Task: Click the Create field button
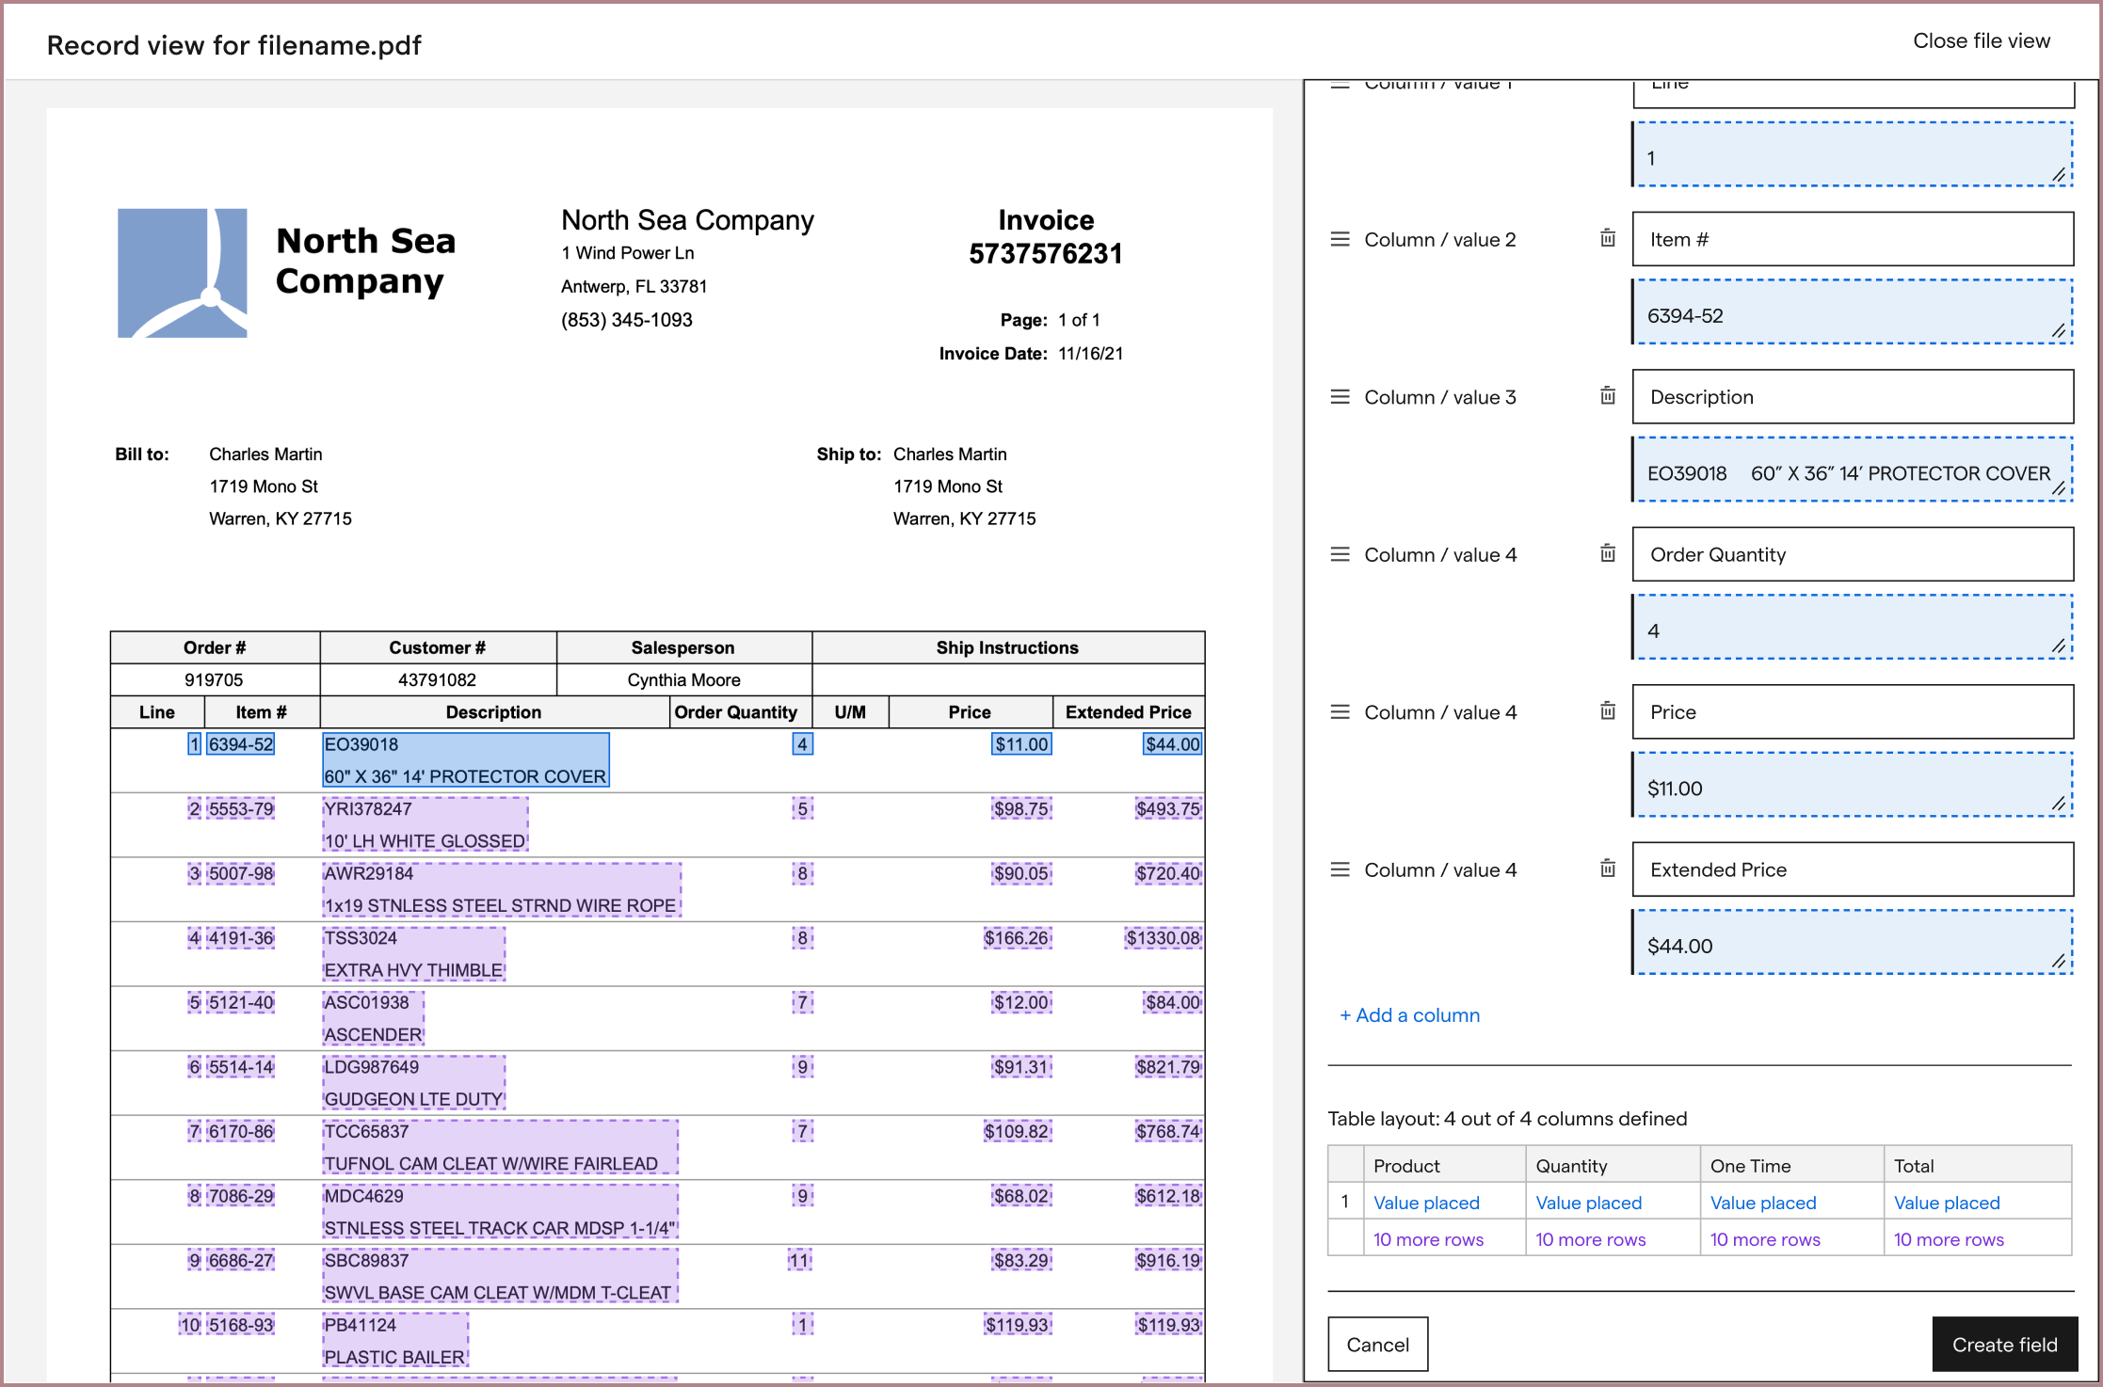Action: pyautogui.click(x=2003, y=1344)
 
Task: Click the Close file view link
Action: pyautogui.click(x=1981, y=41)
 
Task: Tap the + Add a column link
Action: pyautogui.click(x=1409, y=1015)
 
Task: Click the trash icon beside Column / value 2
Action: pyautogui.click(x=1608, y=239)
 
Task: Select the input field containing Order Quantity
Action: pyautogui.click(x=1852, y=554)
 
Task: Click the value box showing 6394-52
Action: pyautogui.click(x=1852, y=316)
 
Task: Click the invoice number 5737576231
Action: pyautogui.click(x=1045, y=254)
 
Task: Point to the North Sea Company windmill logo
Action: pyautogui.click(x=182, y=273)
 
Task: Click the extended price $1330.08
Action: pyautogui.click(x=1163, y=938)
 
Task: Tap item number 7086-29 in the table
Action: pyautogui.click(x=241, y=1196)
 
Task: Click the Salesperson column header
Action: pyautogui.click(x=682, y=647)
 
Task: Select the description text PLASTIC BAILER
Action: pyautogui.click(x=394, y=1357)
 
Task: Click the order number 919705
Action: pyautogui.click(x=214, y=679)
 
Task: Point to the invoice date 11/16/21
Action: pyautogui.click(x=1090, y=354)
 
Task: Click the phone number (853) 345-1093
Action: pyautogui.click(x=626, y=320)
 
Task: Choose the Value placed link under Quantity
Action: pyautogui.click(x=1588, y=1203)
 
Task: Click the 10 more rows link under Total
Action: pyautogui.click(x=1948, y=1239)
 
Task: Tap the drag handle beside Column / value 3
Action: pyautogui.click(x=1340, y=397)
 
